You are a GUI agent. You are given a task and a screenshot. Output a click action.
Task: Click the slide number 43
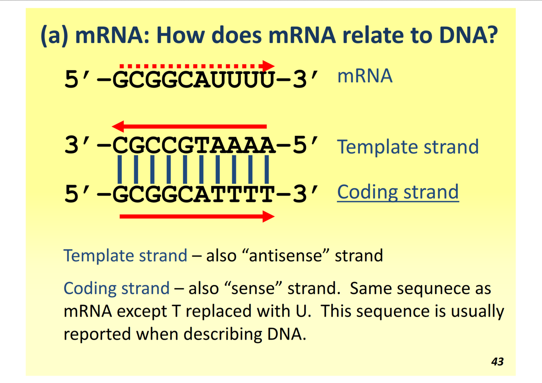pyautogui.click(x=497, y=361)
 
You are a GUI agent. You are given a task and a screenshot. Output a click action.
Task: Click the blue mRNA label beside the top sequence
pyautogui.click(x=364, y=76)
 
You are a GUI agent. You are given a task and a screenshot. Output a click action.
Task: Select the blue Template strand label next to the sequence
pyautogui.click(x=408, y=147)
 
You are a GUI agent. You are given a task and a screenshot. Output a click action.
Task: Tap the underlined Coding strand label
pyautogui.click(x=398, y=192)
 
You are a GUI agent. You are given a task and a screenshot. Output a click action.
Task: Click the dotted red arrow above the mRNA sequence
pyautogui.click(x=197, y=66)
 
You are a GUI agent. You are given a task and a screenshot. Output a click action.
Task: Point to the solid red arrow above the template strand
pyautogui.click(x=189, y=126)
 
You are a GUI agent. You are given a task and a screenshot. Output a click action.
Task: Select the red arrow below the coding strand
pyautogui.click(x=197, y=216)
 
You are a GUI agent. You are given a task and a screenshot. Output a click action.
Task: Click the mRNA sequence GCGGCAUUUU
pyautogui.click(x=193, y=79)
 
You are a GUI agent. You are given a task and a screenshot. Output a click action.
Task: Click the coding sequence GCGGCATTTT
pyautogui.click(x=193, y=194)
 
